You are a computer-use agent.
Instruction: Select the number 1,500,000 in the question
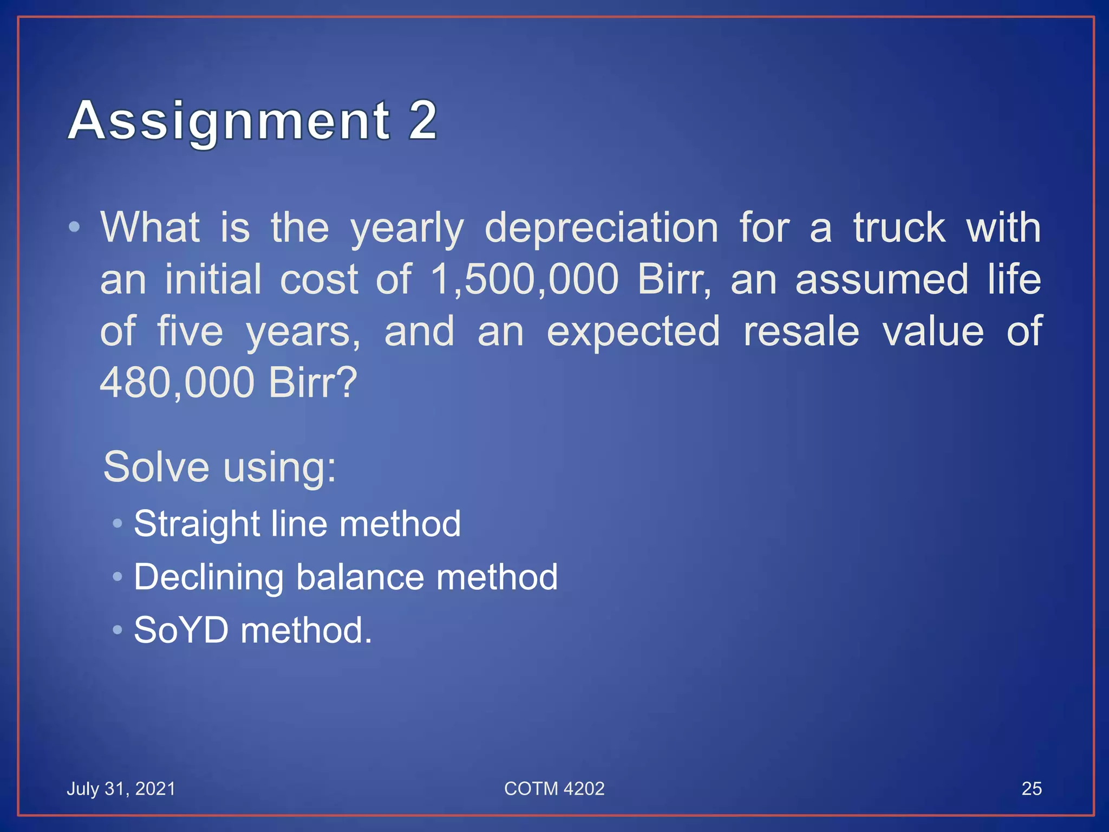pos(524,279)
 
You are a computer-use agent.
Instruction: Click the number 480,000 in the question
pos(177,383)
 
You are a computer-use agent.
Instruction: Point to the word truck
pos(899,227)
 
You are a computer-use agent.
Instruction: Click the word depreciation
pos(601,229)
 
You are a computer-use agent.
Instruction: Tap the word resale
pos(801,331)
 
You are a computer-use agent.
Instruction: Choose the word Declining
pos(208,577)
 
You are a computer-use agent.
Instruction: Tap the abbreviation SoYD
pos(181,630)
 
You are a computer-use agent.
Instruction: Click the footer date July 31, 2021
pos(121,789)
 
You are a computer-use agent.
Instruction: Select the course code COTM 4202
pos(554,789)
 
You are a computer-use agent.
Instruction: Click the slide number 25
pos(1031,789)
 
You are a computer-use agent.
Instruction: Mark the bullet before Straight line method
pos(118,523)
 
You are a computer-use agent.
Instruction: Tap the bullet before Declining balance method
pos(118,576)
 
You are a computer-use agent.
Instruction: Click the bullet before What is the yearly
pos(75,227)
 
